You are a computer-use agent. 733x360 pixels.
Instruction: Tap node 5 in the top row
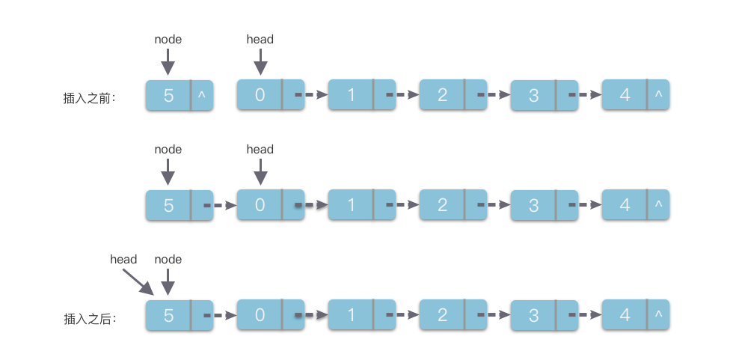[x=168, y=96]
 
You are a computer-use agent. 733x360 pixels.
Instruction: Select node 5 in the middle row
[x=168, y=205]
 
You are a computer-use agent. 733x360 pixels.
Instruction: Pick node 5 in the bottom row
[x=168, y=315]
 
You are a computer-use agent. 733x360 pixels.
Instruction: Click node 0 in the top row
[x=260, y=95]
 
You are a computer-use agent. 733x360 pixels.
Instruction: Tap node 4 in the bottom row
[x=625, y=315]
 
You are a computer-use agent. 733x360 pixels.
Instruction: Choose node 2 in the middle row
[x=442, y=205]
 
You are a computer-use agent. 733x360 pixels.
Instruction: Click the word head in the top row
[x=260, y=39]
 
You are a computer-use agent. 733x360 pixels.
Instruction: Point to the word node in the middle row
[x=168, y=149]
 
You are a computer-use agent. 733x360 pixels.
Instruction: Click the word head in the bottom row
[x=123, y=259]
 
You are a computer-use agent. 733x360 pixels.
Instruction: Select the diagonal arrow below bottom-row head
[x=137, y=282]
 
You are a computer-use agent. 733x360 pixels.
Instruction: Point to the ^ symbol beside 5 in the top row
[x=201, y=95]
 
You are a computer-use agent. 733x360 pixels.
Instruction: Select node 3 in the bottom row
[x=533, y=315]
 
